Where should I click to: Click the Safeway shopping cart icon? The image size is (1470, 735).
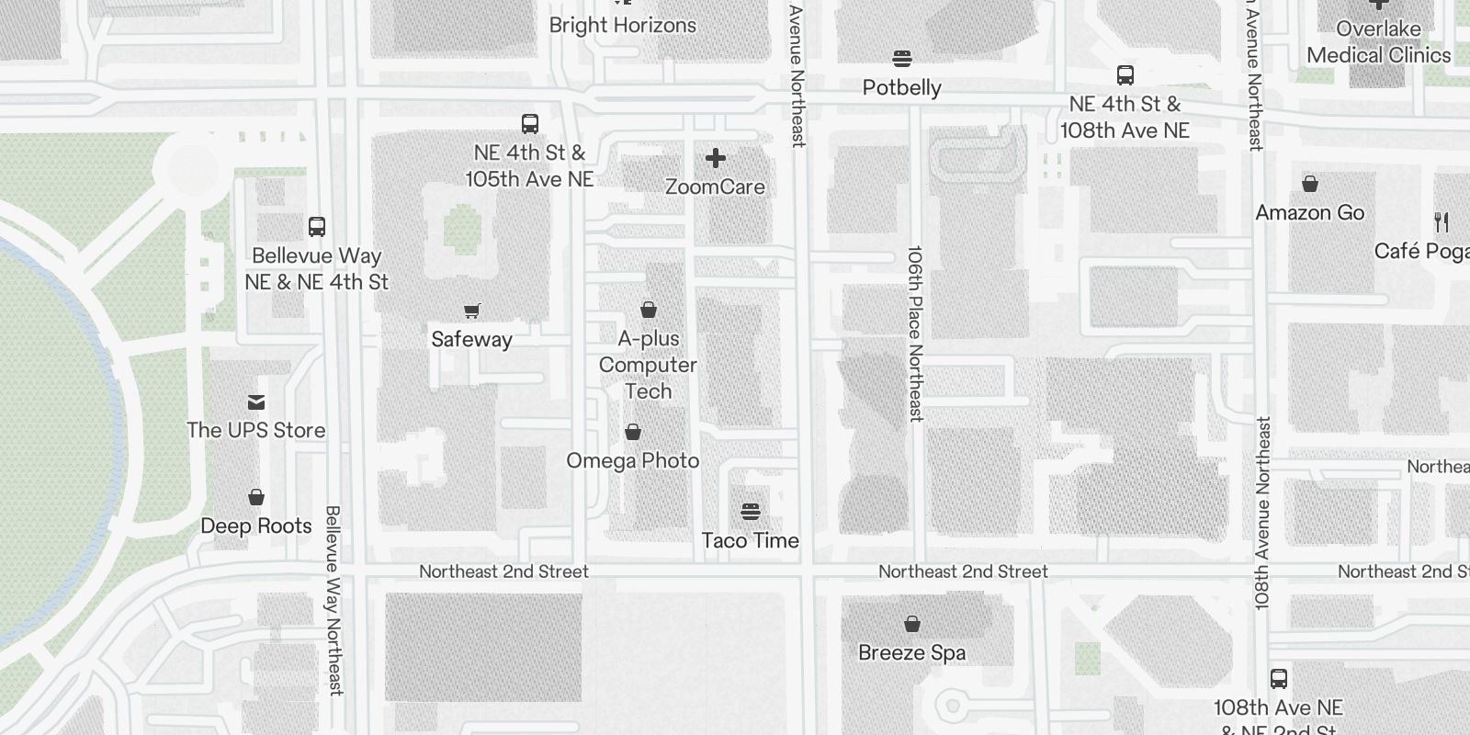pyautogui.click(x=471, y=311)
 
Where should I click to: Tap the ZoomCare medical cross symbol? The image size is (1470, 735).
pyautogui.click(x=715, y=159)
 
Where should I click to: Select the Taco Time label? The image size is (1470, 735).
pyautogui.click(x=750, y=540)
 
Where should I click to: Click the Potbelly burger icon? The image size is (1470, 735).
pyautogui.click(x=902, y=59)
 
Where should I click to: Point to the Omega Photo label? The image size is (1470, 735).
pyautogui.click(x=632, y=460)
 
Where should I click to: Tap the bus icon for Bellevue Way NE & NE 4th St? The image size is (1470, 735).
pyautogui.click(x=317, y=227)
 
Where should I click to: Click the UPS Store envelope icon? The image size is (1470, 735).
pyautogui.click(x=256, y=402)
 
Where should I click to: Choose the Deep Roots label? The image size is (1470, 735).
pyautogui.click(x=256, y=526)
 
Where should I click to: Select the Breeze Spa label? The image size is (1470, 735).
pyautogui.click(x=911, y=652)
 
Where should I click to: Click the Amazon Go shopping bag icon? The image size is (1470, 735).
pyautogui.click(x=1310, y=184)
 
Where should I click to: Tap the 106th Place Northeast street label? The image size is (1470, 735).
pyautogui.click(x=915, y=333)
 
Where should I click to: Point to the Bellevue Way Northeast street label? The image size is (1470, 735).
pyautogui.click(x=334, y=599)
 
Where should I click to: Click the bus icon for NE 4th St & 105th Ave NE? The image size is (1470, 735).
pyautogui.click(x=530, y=124)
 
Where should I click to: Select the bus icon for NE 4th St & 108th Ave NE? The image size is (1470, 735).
pyautogui.click(x=1125, y=75)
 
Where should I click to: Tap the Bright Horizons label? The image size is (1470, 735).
pyautogui.click(x=622, y=25)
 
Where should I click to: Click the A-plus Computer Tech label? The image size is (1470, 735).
pyautogui.click(x=648, y=365)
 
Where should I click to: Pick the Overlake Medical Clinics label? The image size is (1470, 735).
pyautogui.click(x=1378, y=42)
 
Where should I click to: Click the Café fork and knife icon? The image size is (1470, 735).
pyautogui.click(x=1442, y=222)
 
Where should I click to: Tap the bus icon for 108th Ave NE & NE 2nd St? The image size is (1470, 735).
pyautogui.click(x=1278, y=679)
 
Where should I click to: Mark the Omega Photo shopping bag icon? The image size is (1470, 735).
pyautogui.click(x=633, y=432)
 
